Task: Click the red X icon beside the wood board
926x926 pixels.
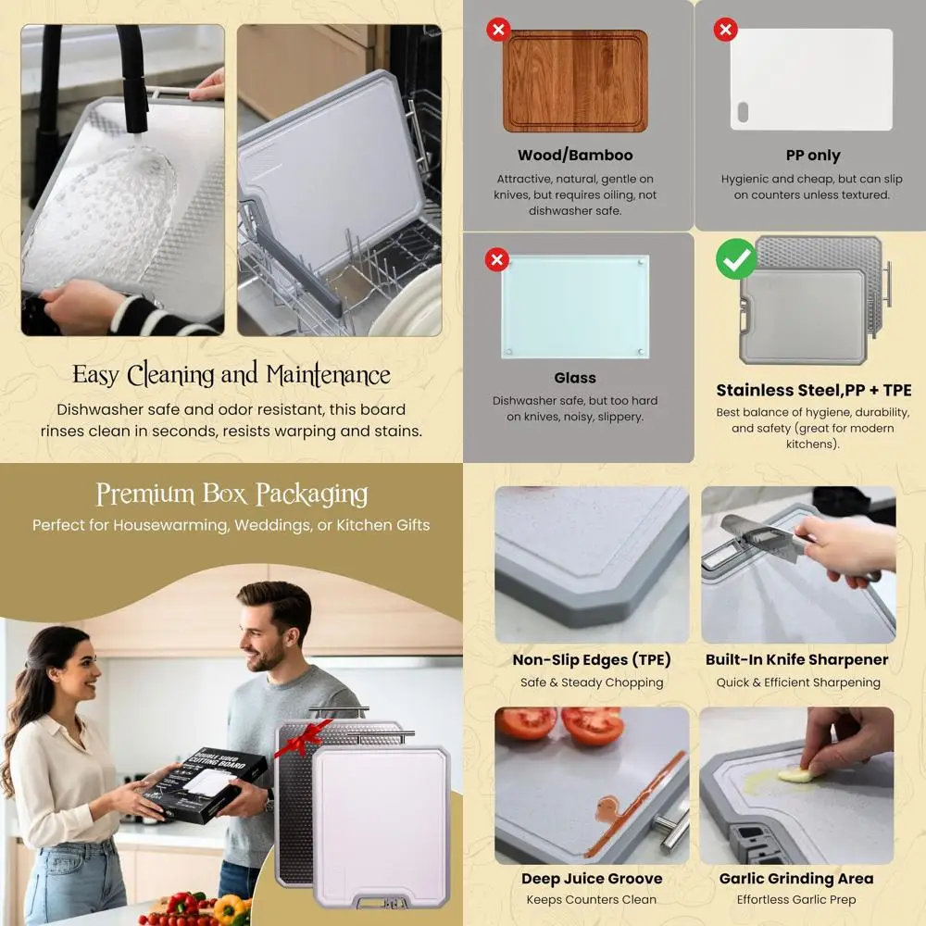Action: click(498, 30)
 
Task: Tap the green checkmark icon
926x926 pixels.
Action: click(736, 260)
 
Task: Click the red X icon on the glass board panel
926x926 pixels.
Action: click(497, 259)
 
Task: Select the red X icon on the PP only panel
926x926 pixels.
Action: click(725, 30)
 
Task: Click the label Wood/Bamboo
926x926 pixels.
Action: click(575, 155)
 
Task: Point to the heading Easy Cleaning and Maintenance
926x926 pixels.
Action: click(231, 375)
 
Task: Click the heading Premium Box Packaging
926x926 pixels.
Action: click(231, 494)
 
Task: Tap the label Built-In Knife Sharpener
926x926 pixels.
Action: click(796, 660)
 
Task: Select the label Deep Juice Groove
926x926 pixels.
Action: click(592, 879)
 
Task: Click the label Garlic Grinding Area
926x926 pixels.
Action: click(796, 879)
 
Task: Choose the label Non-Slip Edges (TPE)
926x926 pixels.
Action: click(592, 660)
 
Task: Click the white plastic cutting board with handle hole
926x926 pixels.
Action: click(810, 79)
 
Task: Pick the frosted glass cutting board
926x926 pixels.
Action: click(575, 306)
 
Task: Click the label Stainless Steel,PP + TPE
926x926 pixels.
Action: click(813, 390)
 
